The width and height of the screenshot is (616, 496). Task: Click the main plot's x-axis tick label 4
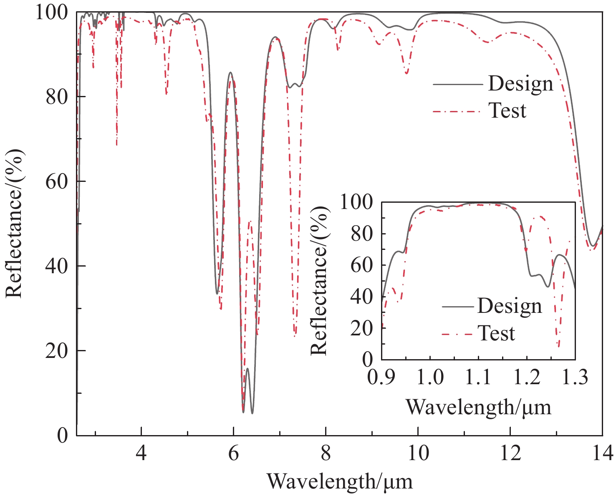click(x=141, y=453)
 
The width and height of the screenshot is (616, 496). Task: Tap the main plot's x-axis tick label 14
click(x=602, y=453)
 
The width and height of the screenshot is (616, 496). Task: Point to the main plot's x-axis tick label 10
click(x=418, y=453)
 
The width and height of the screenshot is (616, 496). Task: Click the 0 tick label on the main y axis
click(x=62, y=435)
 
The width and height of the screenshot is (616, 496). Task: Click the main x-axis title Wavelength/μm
click(x=340, y=481)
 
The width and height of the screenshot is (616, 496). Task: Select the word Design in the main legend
click(x=520, y=84)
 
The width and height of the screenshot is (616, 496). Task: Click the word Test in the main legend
click(x=507, y=111)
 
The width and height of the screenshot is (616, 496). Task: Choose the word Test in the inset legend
click(x=496, y=333)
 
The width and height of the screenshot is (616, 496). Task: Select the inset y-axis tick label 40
click(x=362, y=297)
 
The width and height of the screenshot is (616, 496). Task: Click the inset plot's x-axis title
click(x=478, y=407)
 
